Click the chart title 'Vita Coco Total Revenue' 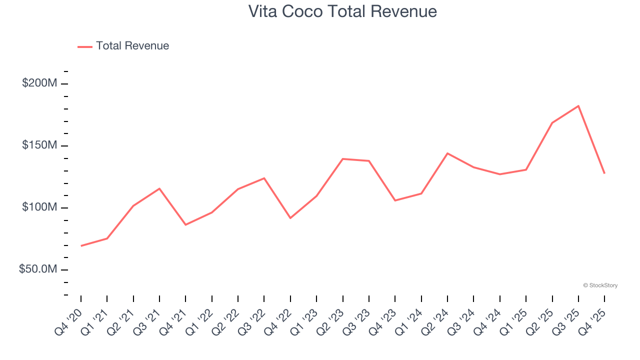click(342, 11)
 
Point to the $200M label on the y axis click(39, 83)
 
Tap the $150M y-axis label click(39, 145)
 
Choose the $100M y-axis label click(39, 207)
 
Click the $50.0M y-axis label click(38, 269)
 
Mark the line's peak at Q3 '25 click(578, 106)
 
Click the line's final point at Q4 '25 click(604, 173)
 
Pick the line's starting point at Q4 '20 click(81, 246)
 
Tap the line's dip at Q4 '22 click(290, 218)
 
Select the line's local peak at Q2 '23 click(343, 159)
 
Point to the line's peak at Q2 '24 click(447, 153)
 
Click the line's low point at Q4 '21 click(185, 225)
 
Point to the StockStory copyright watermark click(600, 285)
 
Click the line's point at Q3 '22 click(264, 178)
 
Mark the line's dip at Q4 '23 click(395, 200)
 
